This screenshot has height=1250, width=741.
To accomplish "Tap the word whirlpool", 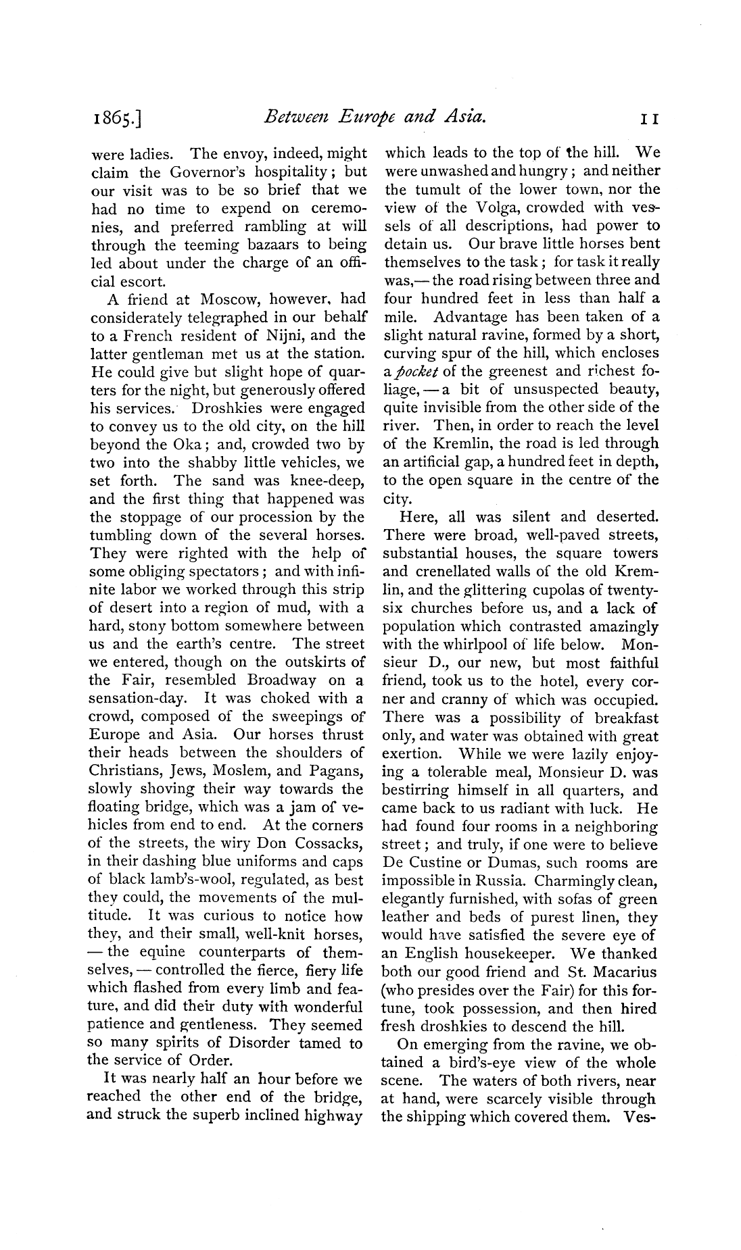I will [x=478, y=644].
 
